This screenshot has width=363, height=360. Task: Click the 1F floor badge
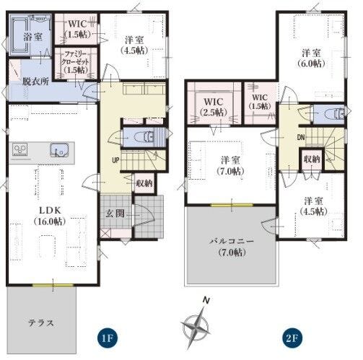tap(107, 338)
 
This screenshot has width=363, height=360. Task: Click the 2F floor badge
tap(292, 338)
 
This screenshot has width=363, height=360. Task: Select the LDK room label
tap(50, 216)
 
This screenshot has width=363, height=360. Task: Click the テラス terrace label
tap(41, 322)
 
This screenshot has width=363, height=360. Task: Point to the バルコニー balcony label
tap(232, 246)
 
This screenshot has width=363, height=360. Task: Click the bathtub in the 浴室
tap(19, 35)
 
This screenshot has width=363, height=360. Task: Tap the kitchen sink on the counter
tap(59, 149)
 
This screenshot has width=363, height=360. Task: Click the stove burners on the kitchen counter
tap(20, 149)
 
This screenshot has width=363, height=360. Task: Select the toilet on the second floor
tap(335, 114)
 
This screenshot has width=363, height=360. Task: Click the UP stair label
tap(115, 160)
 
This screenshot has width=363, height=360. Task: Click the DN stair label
tap(301, 137)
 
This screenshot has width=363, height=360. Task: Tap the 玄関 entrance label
tap(115, 214)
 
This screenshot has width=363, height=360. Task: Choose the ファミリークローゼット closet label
tap(76, 61)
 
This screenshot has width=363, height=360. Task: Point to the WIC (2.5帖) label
tap(214, 107)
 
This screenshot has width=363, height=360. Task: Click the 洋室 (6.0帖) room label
tap(311, 58)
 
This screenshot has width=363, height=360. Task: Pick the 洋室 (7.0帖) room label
tap(230, 165)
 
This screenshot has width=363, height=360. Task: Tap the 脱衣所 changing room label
tap(35, 82)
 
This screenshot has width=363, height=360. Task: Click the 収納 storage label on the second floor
tap(312, 159)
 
